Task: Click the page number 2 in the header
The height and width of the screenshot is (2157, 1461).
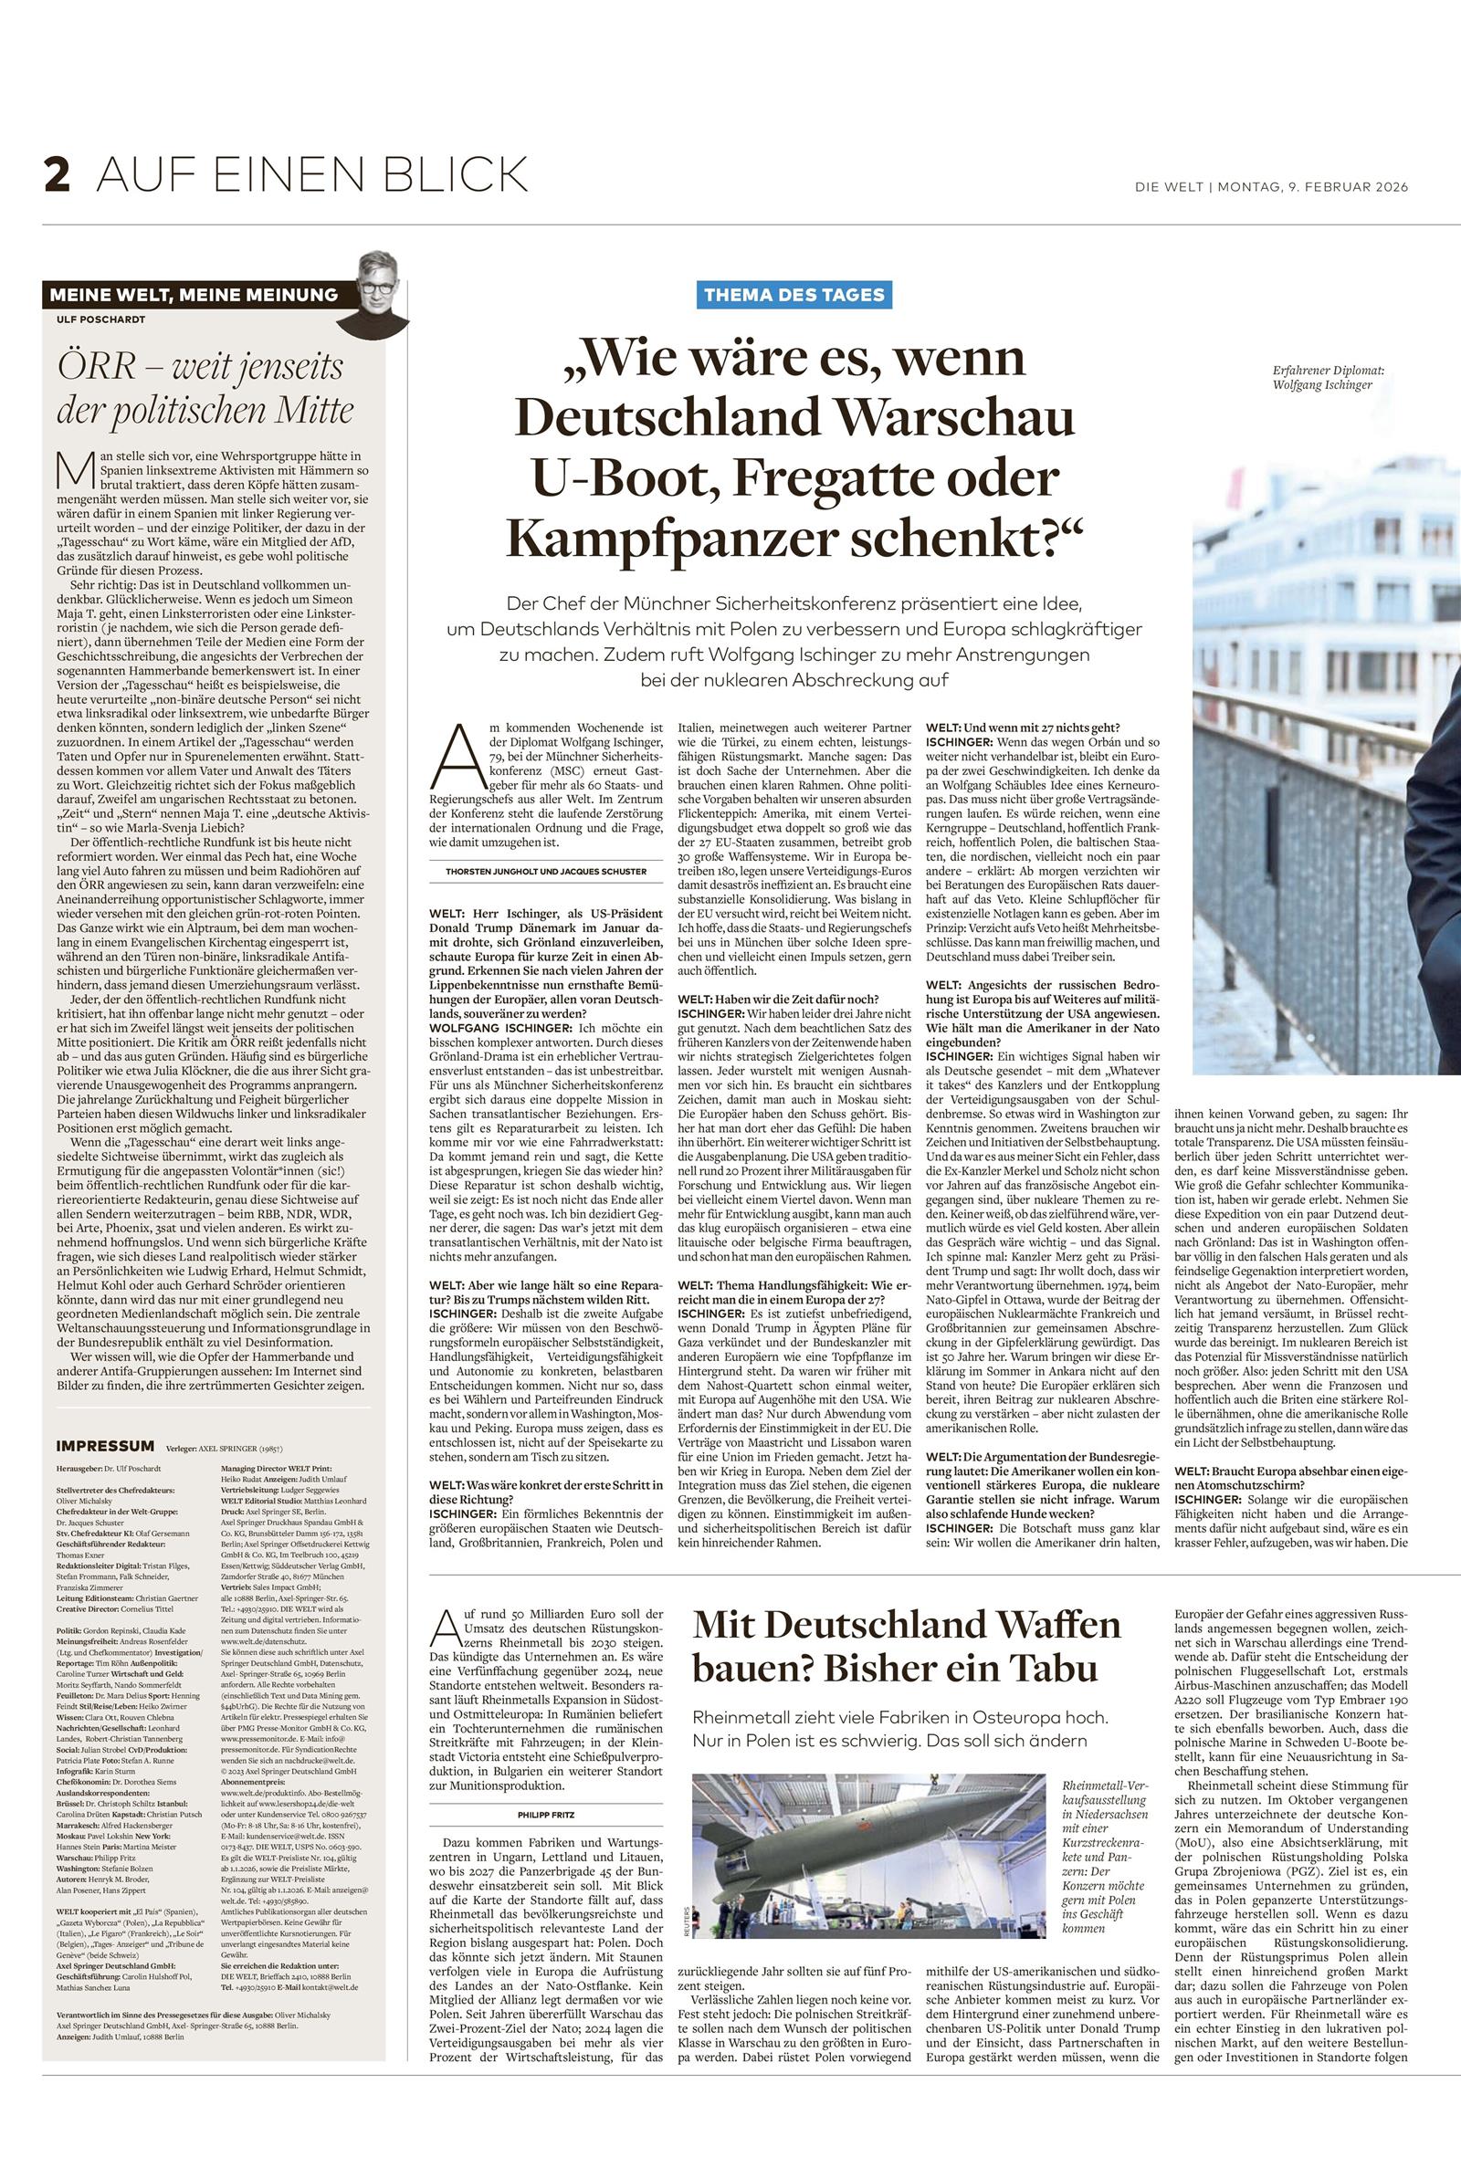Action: click(57, 174)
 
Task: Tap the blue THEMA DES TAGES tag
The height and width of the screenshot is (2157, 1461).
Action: click(795, 295)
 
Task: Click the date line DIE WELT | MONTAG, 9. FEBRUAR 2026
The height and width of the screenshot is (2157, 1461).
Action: click(1271, 186)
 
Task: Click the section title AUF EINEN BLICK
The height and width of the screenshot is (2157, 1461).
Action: click(312, 173)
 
